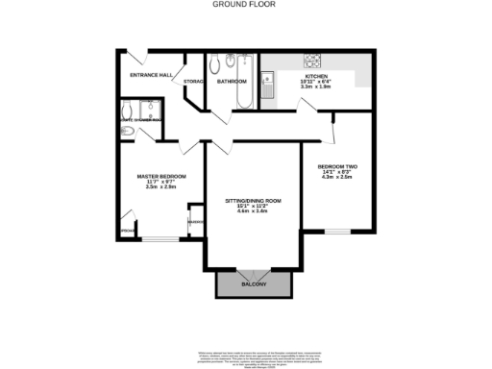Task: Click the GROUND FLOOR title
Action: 246,5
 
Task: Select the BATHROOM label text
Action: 232,82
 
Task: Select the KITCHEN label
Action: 317,76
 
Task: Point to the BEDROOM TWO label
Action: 337,166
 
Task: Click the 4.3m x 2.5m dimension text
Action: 337,178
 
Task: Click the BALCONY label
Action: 254,285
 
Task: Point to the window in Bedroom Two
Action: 337,232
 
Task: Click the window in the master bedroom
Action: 158,238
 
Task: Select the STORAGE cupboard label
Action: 193,82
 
